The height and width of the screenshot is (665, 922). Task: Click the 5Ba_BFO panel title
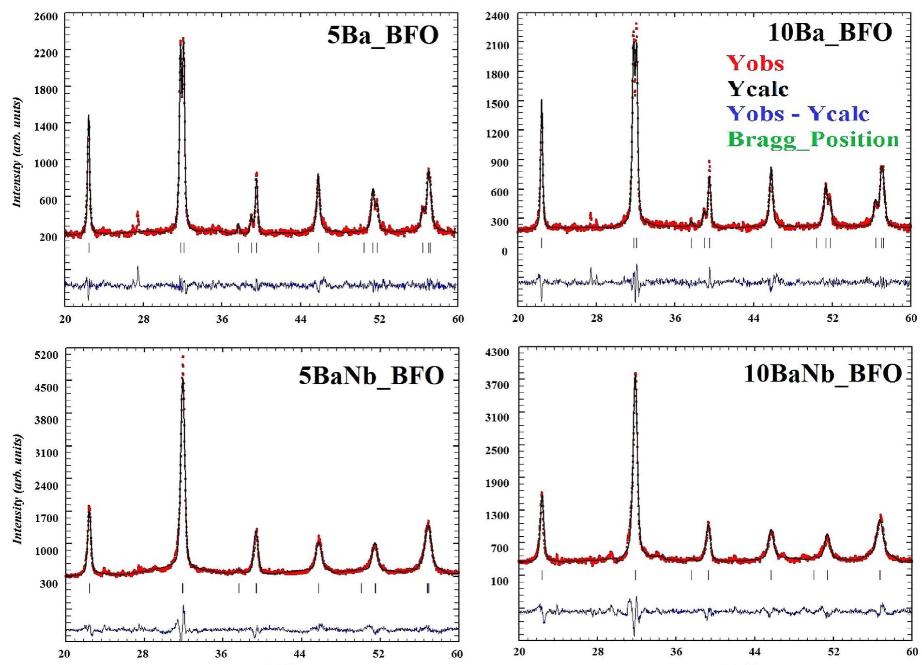pos(382,35)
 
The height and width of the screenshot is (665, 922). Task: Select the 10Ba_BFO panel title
pos(830,32)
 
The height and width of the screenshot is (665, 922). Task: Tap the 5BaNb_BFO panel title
pos(371,376)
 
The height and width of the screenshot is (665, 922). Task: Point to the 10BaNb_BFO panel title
pos(822,373)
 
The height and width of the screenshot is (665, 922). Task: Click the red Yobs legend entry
pos(755,63)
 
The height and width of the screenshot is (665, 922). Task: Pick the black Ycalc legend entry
pos(758,89)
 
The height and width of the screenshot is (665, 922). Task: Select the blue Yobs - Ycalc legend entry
pos(798,114)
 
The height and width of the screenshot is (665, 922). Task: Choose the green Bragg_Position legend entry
pos(813,139)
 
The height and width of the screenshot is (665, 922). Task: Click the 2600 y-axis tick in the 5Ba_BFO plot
pos(46,16)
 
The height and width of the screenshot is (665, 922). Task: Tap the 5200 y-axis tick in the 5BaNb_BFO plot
pos(46,355)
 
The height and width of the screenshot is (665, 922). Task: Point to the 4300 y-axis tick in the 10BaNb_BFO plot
pos(497,352)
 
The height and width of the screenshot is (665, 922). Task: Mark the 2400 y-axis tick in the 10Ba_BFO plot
pos(497,16)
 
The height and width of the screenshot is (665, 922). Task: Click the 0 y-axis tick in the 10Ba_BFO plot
pos(504,252)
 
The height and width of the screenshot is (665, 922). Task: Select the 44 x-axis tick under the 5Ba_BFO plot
pos(300,319)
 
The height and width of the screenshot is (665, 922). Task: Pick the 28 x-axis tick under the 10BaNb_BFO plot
pos(597,652)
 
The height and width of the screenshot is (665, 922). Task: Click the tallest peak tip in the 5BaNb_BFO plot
pos(182,357)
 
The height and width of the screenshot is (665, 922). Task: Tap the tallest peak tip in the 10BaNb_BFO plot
pos(635,374)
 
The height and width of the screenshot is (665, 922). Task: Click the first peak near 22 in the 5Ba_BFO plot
pos(89,116)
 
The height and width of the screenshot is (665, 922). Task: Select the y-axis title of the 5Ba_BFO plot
pos(17,152)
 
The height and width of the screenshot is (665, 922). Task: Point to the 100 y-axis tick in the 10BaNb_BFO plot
pos(500,581)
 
